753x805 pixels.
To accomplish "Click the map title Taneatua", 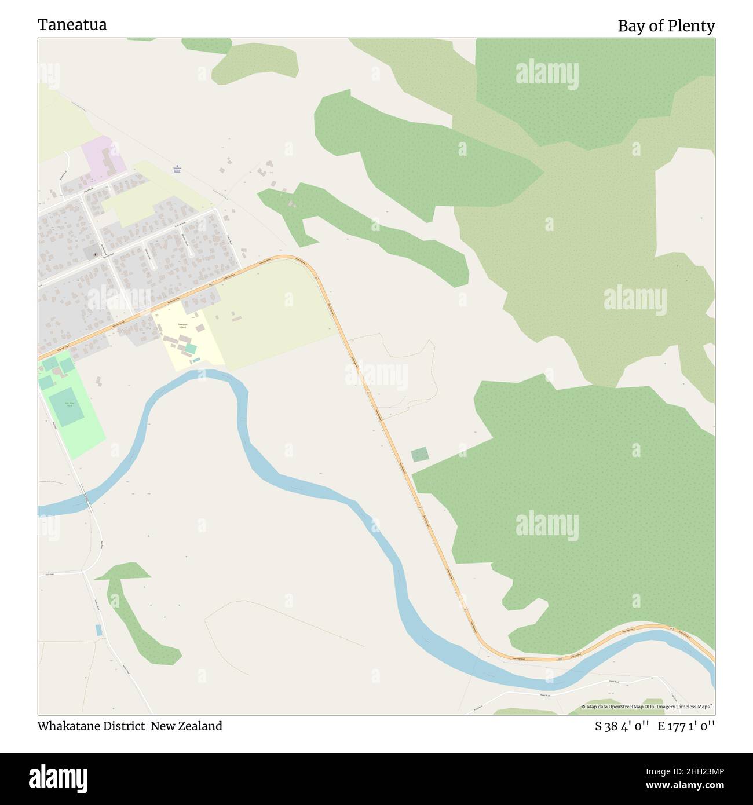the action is click(x=72, y=25).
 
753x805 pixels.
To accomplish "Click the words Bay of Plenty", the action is click(x=666, y=26).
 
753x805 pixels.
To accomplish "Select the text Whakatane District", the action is click(x=91, y=726).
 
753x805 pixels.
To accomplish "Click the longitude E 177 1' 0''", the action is click(x=686, y=726).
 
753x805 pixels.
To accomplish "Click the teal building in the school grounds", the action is click(x=191, y=349).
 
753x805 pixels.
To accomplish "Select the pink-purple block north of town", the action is click(x=103, y=155).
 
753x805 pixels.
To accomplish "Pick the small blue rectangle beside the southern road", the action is click(x=98, y=630).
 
